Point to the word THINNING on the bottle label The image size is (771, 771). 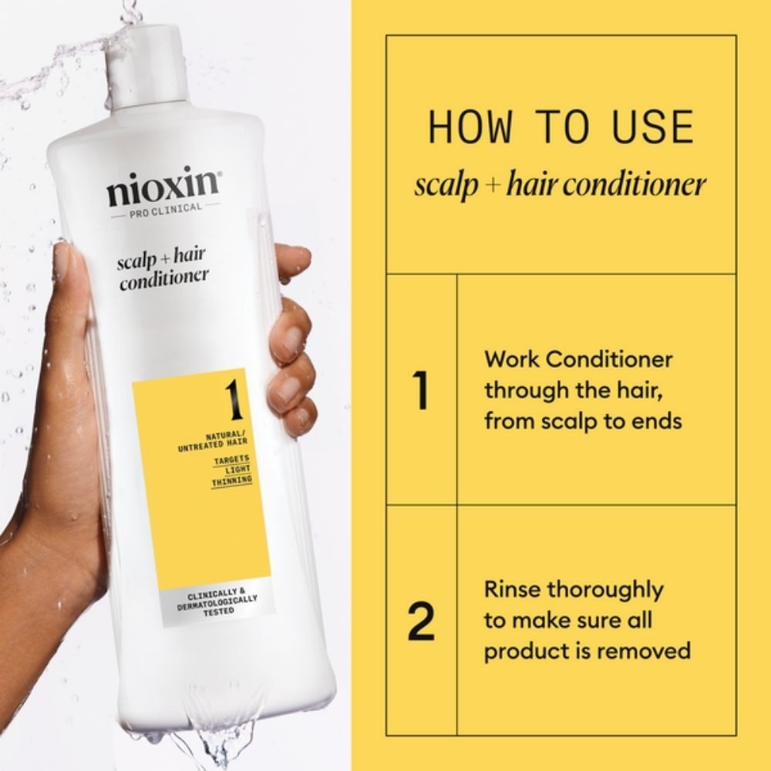231,480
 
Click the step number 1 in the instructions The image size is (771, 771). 420,391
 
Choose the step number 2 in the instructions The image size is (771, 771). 421,622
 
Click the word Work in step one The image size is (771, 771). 510,359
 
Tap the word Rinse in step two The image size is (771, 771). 512,590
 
